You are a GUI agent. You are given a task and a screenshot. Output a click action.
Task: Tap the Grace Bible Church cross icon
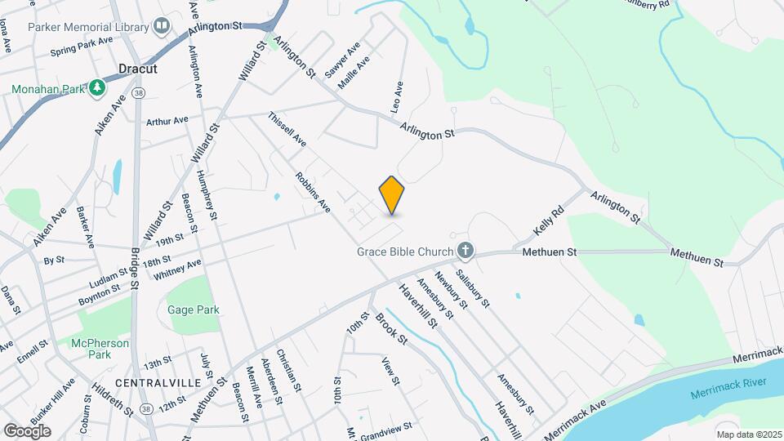[465, 251]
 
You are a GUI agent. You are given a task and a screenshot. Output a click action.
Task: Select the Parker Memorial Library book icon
[162, 26]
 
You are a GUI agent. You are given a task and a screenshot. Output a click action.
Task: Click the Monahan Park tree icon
[97, 87]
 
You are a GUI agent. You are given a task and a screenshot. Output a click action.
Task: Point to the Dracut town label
[137, 69]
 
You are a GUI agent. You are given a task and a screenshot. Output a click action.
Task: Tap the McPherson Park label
[100, 349]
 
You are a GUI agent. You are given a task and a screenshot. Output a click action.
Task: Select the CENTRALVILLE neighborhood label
[152, 382]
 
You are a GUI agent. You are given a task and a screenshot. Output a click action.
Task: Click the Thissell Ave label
[287, 130]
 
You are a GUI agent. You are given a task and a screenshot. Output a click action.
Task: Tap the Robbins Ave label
[313, 193]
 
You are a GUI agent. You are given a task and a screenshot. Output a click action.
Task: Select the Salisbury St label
[473, 288]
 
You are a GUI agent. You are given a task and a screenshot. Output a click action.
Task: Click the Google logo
[27, 430]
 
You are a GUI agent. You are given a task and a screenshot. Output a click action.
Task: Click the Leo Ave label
[399, 96]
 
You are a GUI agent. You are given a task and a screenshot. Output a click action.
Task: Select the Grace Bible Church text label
[404, 252]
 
